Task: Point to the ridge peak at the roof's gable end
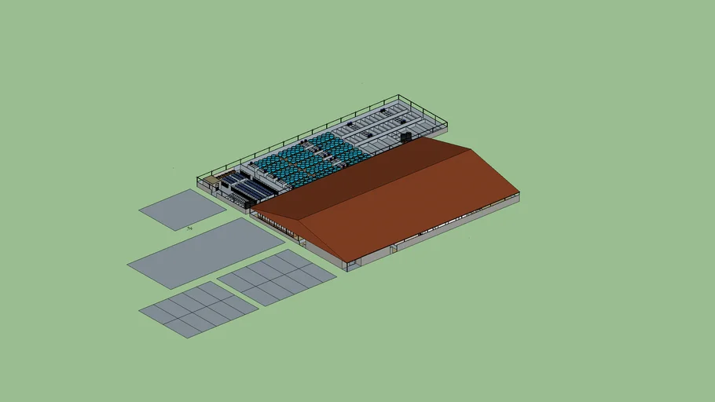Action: (x=471, y=149)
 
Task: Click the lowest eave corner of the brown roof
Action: (x=346, y=262)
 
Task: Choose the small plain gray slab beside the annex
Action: (x=182, y=209)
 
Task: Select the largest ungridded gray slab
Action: (x=200, y=252)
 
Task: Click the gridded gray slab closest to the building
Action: (x=277, y=277)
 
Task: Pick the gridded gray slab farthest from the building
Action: (x=198, y=309)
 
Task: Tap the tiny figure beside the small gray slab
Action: (x=189, y=228)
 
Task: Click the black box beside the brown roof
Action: (x=406, y=137)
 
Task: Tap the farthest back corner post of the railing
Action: (x=399, y=97)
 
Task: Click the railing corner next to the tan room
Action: (x=198, y=179)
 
